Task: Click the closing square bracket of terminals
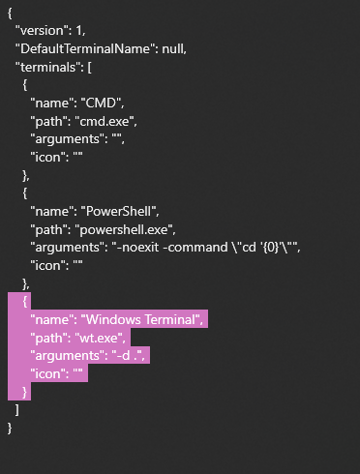(x=17, y=410)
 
